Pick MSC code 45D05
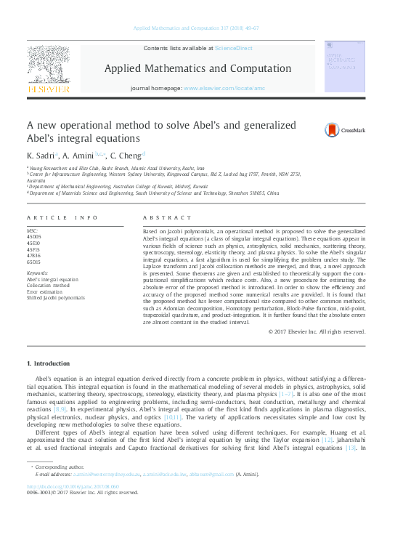[x=34, y=236]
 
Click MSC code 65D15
[x=34, y=262]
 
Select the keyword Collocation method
[x=48, y=285]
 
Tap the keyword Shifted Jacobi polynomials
[x=56, y=297]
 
